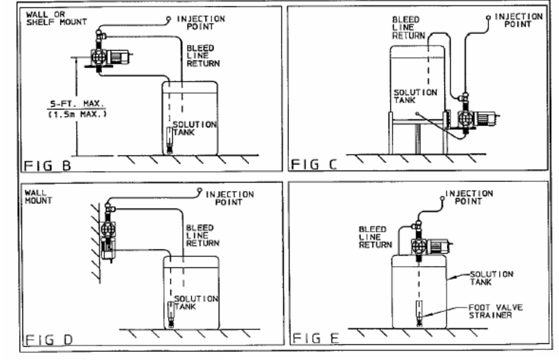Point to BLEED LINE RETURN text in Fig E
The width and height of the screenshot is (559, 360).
[372, 237]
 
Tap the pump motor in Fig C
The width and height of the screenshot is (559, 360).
[488, 120]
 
